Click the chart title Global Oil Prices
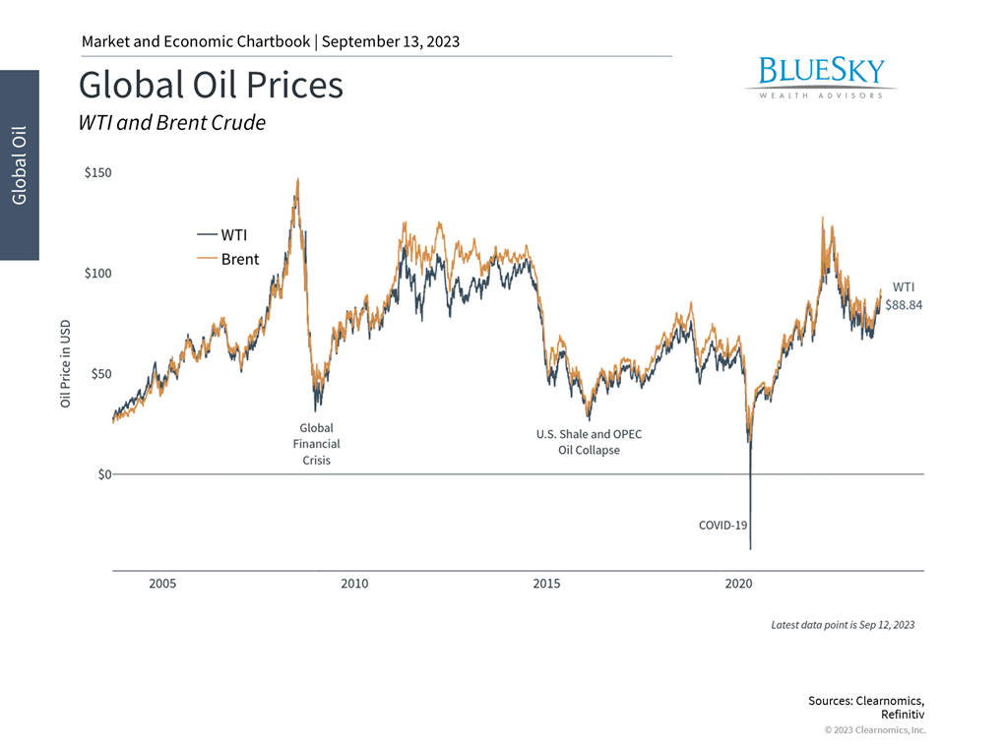(211, 86)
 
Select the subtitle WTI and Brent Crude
(171, 123)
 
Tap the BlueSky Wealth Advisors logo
(821, 77)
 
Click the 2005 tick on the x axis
(162, 584)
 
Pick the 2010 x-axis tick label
(354, 584)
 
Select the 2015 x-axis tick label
(546, 584)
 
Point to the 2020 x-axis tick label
(738, 584)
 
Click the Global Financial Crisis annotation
(317, 444)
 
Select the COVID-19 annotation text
(722, 525)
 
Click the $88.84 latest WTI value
(903, 305)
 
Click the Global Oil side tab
(20, 164)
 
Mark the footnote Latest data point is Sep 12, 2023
(843, 625)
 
